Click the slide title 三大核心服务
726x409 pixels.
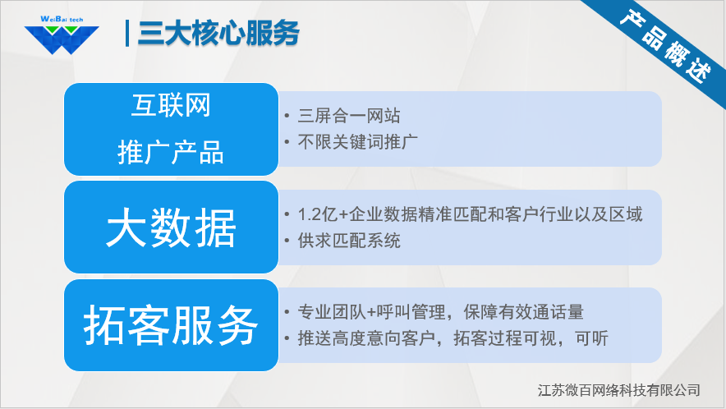pyautogui.click(x=218, y=34)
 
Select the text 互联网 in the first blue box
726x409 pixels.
pyautogui.click(x=171, y=106)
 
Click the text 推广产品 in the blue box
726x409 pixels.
pyautogui.click(x=171, y=153)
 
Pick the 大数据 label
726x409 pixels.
pyautogui.click(x=171, y=227)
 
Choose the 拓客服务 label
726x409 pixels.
pyautogui.click(x=171, y=326)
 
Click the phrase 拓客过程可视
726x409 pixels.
pyautogui.click(x=504, y=338)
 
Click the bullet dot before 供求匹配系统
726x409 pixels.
pyautogui.click(x=286, y=241)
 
